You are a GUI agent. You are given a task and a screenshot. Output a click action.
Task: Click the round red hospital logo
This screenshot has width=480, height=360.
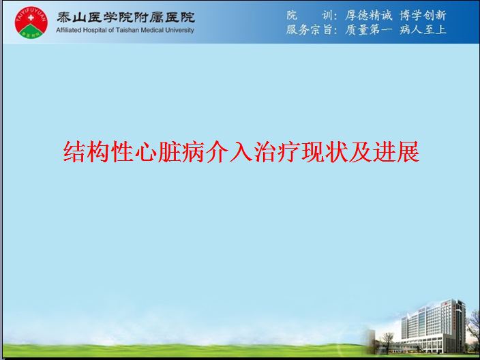31,22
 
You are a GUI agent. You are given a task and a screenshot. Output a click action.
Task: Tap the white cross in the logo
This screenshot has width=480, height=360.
31,18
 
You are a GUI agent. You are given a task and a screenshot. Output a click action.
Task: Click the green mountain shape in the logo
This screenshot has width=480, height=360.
31,31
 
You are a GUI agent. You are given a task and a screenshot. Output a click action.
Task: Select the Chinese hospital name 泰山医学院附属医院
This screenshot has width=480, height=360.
125,17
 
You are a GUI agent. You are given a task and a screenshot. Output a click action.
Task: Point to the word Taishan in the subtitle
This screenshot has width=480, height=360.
127,30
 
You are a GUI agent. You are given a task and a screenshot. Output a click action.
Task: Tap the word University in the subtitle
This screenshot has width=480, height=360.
180,30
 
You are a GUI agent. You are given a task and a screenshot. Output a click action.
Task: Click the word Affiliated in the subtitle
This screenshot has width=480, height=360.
69,30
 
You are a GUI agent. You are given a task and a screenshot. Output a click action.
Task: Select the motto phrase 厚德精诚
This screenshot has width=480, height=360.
369,15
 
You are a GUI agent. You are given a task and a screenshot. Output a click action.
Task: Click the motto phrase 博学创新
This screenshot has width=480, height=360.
423,15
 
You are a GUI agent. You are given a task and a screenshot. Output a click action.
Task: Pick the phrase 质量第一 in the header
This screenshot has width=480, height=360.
369,30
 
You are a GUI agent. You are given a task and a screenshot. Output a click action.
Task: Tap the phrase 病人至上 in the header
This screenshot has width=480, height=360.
423,30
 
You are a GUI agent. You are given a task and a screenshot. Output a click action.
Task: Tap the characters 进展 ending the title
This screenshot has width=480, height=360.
396,151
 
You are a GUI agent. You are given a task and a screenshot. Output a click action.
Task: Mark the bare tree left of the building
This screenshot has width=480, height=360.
387,342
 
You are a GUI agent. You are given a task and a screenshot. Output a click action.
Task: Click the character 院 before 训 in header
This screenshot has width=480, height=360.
292,15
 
